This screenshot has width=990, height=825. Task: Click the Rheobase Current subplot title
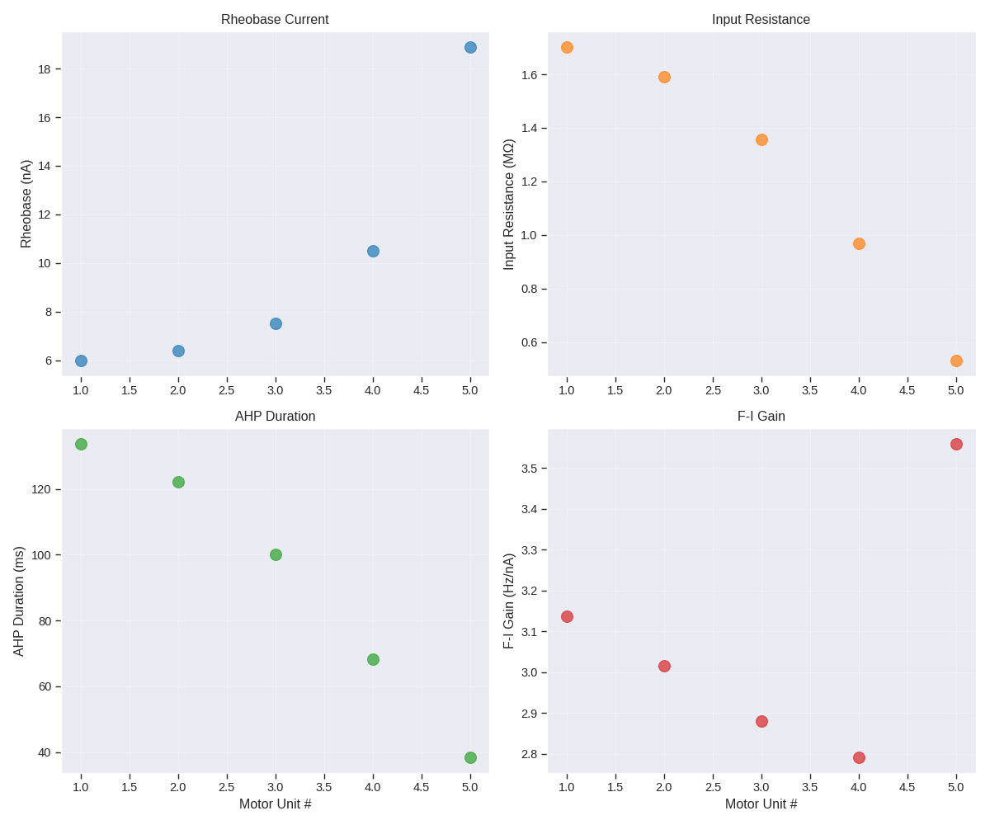[275, 20]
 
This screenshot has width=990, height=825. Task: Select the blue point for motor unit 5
[470, 47]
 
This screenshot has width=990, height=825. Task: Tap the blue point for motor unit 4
[373, 251]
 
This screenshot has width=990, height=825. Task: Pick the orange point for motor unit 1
[567, 47]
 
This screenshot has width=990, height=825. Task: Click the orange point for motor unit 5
[956, 361]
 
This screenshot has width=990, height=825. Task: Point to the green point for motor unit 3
[276, 554]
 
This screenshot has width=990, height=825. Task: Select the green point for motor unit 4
[373, 659]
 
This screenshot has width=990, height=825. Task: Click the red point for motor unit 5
[956, 444]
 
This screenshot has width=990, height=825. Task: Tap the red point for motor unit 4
[859, 757]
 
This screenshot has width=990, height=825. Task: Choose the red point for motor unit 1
[567, 616]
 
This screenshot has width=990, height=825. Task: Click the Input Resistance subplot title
[761, 20]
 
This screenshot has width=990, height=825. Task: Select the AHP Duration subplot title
[275, 417]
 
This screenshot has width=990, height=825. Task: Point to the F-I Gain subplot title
[761, 417]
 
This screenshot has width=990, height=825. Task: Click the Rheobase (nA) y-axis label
[26, 204]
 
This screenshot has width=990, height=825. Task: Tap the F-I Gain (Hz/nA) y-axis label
[509, 601]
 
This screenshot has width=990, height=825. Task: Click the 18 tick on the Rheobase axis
[45, 69]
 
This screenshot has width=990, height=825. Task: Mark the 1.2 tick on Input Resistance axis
[529, 181]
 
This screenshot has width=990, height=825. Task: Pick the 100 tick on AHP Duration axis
[41, 555]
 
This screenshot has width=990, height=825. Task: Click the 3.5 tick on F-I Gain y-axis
[529, 469]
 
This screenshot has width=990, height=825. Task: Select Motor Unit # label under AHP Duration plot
[275, 804]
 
